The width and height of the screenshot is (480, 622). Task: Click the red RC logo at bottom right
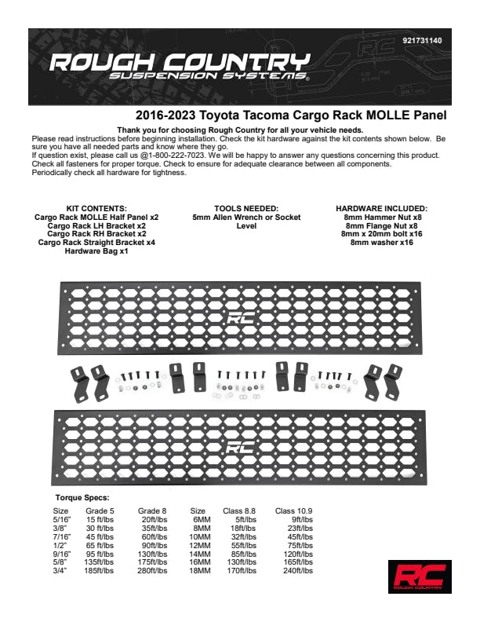420,577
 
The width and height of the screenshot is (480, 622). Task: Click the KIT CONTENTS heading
97,209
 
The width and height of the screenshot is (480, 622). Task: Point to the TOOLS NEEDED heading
246,209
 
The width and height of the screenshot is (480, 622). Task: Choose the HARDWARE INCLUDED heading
381,209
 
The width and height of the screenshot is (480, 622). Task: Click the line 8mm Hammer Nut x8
381,218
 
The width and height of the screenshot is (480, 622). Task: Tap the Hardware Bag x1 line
96,251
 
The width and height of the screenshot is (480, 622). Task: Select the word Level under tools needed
246,226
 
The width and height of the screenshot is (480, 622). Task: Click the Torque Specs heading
82,498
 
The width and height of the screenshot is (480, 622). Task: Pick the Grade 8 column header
153,511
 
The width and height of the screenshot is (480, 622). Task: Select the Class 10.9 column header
294,511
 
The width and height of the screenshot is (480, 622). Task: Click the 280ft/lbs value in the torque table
155,571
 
